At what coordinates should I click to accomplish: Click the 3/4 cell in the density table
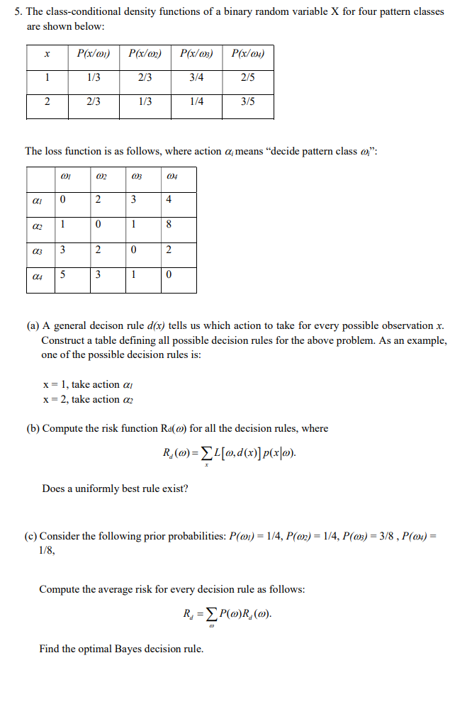click(x=197, y=77)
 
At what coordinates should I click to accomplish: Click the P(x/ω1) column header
click(x=93, y=53)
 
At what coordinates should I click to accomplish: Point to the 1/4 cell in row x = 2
click(x=197, y=101)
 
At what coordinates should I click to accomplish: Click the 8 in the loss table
click(x=168, y=225)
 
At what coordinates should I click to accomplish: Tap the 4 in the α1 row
click(x=168, y=199)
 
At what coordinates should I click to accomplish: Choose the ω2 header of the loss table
click(x=100, y=175)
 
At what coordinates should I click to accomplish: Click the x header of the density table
click(x=47, y=53)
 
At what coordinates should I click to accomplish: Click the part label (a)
click(x=33, y=325)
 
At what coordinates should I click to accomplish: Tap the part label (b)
click(x=33, y=428)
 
